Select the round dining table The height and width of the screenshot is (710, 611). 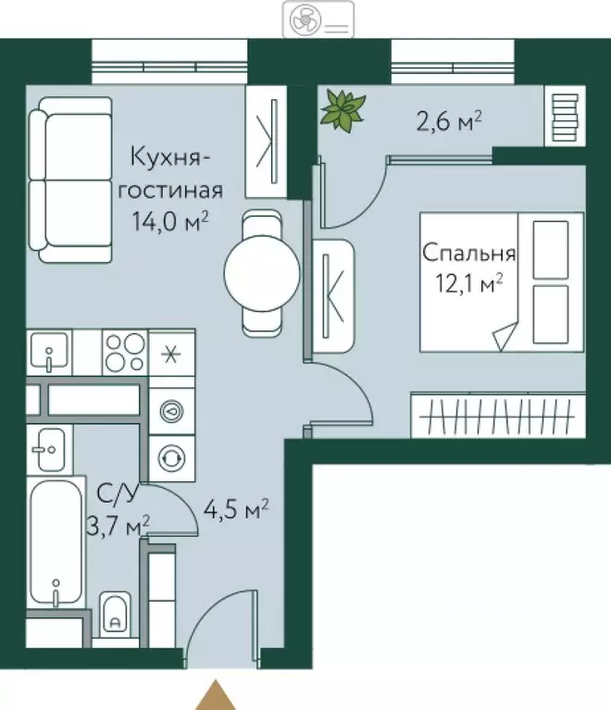pos(262,273)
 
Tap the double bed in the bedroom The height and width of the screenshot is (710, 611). pos(502,280)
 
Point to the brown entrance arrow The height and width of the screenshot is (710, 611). pos(218,694)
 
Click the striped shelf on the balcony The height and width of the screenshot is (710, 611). pos(564,116)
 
